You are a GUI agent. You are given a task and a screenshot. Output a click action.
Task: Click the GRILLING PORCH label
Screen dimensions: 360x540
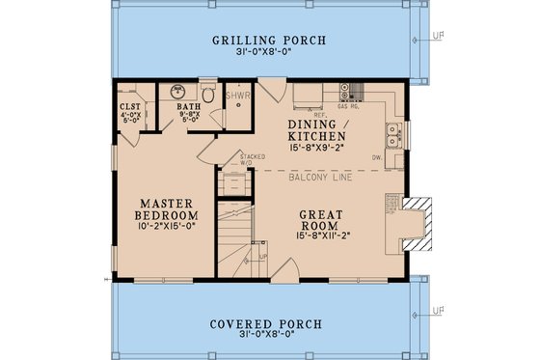click(270, 40)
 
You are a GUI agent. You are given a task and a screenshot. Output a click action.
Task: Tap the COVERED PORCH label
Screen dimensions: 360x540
click(270, 323)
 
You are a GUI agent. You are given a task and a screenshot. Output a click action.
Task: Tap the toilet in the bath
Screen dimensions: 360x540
click(205, 95)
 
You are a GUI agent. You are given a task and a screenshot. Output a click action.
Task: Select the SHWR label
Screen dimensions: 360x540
click(237, 97)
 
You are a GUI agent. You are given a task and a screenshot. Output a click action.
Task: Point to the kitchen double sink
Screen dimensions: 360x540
click(394, 131)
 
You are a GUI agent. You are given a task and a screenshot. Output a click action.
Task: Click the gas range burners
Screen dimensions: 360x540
click(356, 94)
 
